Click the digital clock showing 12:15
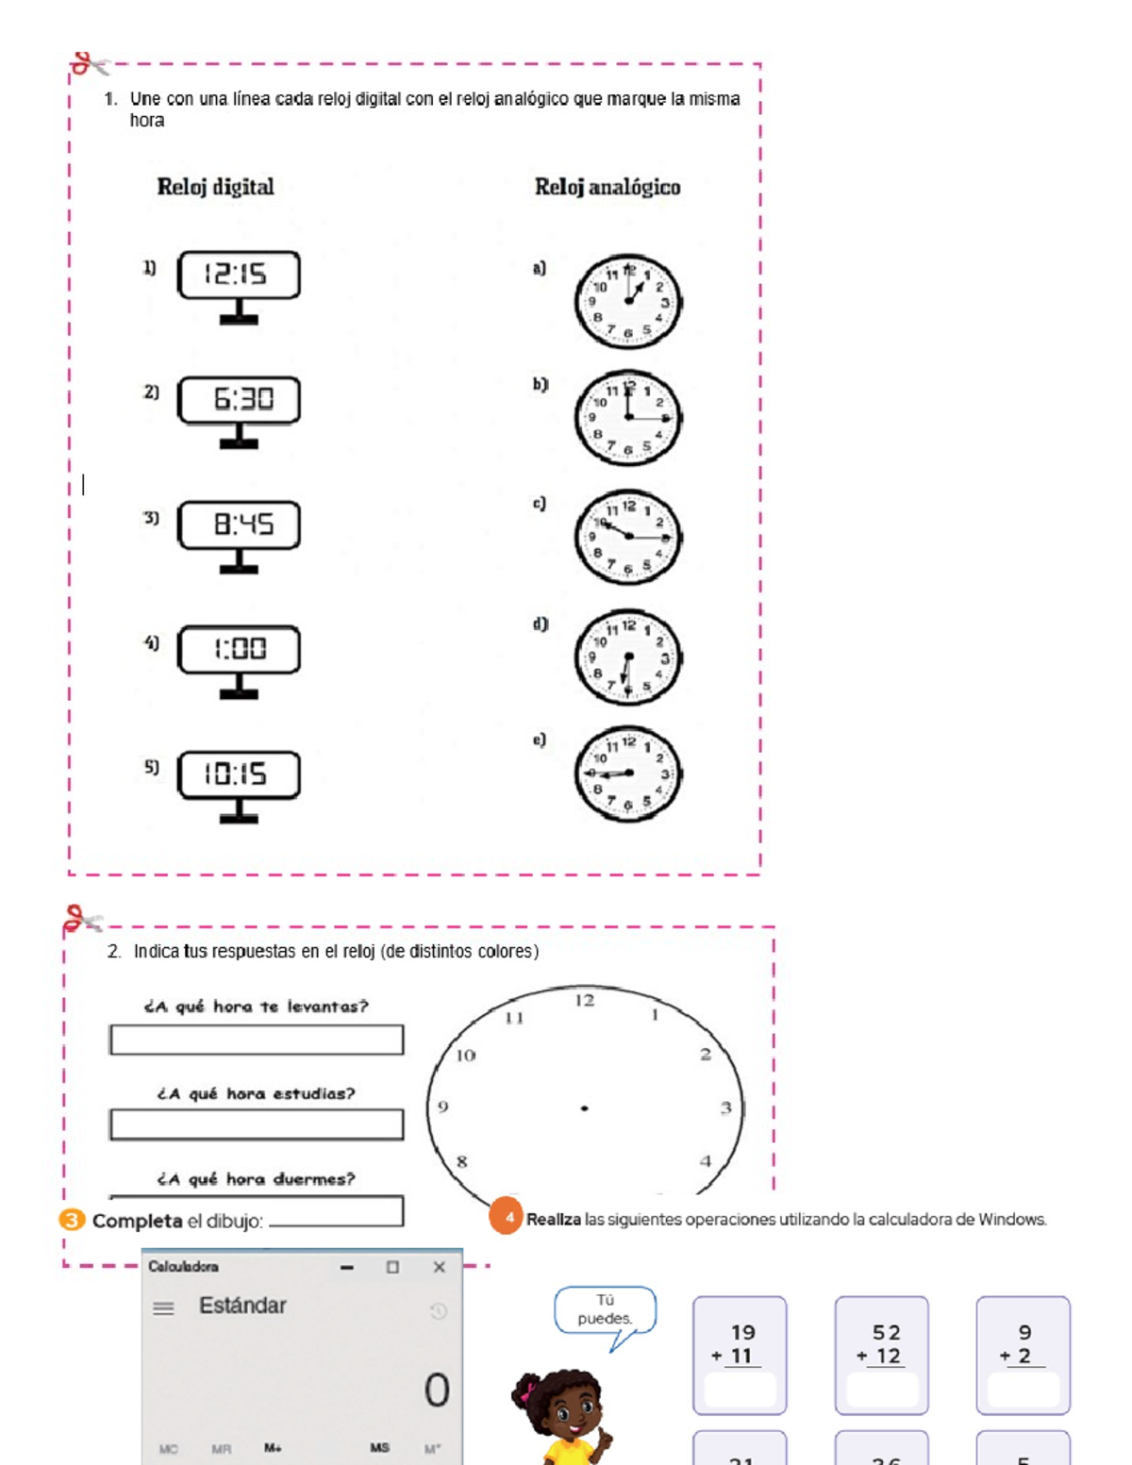pyautogui.click(x=239, y=275)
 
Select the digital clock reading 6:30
pyautogui.click(x=239, y=400)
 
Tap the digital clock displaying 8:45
pyautogui.click(x=239, y=524)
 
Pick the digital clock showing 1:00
pyautogui.click(x=239, y=649)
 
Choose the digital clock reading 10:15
pyautogui.click(x=239, y=774)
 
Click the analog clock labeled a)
pyautogui.click(x=627, y=302)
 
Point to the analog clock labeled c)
pyautogui.click(x=627, y=537)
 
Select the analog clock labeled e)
pyautogui.click(x=627, y=774)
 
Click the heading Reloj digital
pyautogui.click(x=215, y=187)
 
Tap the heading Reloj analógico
pyautogui.click(x=608, y=187)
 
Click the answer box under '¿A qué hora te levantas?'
pyautogui.click(x=257, y=1040)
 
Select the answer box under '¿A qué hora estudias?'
pyautogui.click(x=257, y=1124)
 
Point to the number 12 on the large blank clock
pyautogui.click(x=585, y=1000)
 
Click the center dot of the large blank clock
pyautogui.click(x=585, y=1108)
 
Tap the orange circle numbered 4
pyautogui.click(x=508, y=1217)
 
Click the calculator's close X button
pyautogui.click(x=439, y=1267)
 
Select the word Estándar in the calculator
pyautogui.click(x=242, y=1306)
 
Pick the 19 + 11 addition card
pyautogui.click(x=740, y=1355)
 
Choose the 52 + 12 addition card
pyautogui.click(x=881, y=1355)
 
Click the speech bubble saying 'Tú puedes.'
pyautogui.click(x=605, y=1309)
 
